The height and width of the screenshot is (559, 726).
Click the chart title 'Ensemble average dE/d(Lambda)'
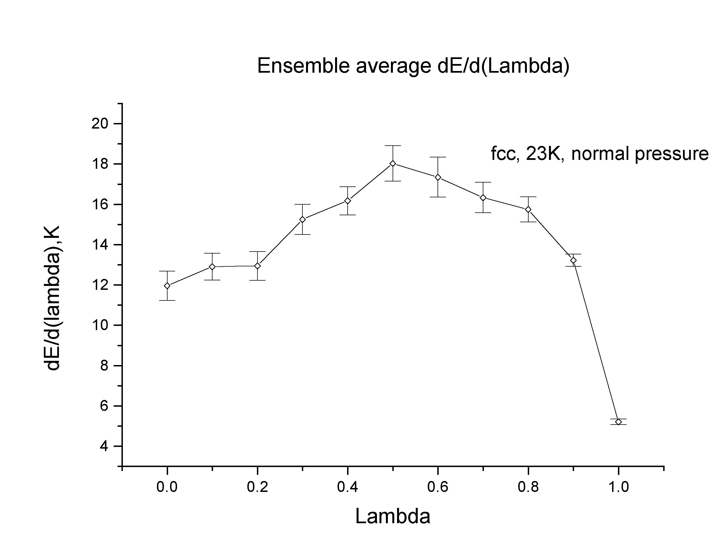tap(413, 66)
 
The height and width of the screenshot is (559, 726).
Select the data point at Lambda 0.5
tap(393, 164)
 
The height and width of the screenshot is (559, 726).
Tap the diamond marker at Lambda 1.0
tap(618, 422)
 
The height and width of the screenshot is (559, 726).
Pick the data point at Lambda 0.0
tap(167, 285)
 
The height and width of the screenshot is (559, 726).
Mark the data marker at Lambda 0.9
tap(573, 260)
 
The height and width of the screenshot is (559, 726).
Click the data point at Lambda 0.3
tap(302, 219)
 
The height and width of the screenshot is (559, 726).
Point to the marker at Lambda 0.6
tap(438, 177)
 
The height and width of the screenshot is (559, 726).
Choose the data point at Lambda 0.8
tap(528, 209)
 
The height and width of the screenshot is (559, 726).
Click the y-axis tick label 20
tap(100, 124)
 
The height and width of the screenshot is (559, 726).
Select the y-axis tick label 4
tap(104, 446)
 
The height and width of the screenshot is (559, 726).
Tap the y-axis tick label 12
tap(100, 285)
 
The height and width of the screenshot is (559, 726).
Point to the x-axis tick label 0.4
tap(347, 487)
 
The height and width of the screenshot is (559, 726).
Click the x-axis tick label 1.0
tap(618, 487)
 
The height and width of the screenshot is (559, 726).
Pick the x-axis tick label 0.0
tap(167, 487)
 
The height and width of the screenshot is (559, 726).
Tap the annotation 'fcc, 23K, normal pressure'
tap(600, 154)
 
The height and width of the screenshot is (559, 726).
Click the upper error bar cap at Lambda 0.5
tap(393, 146)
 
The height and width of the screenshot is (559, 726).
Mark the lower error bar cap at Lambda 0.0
tap(167, 300)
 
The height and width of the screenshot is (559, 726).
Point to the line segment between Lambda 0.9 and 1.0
tap(596, 341)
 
